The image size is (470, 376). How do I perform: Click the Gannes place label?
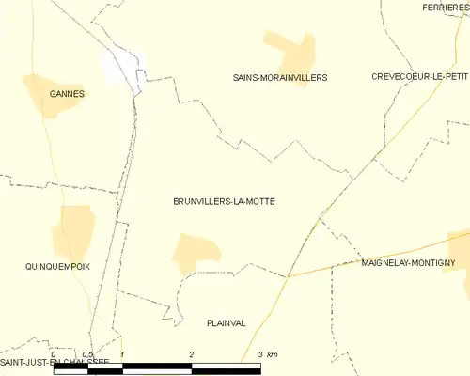click(68, 94)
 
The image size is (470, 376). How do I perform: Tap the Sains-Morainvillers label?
click(280, 77)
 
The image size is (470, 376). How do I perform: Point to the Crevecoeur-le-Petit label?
click(419, 77)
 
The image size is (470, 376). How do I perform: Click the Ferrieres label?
click(446, 7)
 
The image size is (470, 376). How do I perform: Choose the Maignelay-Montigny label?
click(408, 264)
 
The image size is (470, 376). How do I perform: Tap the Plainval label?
click(226, 322)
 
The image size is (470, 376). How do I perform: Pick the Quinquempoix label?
click(57, 267)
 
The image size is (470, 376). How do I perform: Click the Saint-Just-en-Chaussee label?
click(55, 362)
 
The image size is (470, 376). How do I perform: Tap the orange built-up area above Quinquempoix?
click(73, 230)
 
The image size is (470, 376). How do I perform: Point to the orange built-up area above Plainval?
click(196, 251)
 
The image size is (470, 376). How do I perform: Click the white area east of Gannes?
click(123, 67)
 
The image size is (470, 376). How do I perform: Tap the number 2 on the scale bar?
click(192, 354)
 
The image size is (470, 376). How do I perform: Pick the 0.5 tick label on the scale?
click(87, 354)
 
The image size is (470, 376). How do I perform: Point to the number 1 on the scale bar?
click(123, 354)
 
